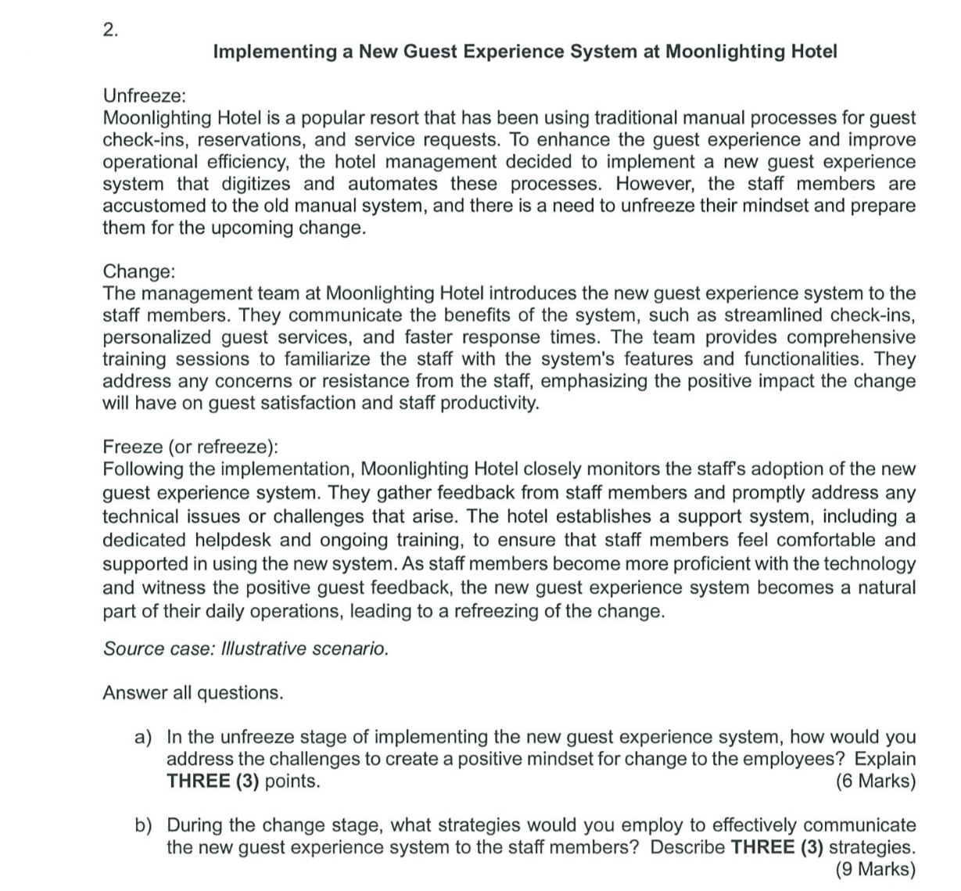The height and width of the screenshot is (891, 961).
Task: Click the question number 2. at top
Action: pyautogui.click(x=111, y=31)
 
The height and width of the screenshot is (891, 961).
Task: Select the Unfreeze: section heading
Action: pyautogui.click(x=145, y=96)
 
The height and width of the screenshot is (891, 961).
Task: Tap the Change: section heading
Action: pyautogui.click(x=139, y=271)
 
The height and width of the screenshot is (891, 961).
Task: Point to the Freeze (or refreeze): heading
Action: pyautogui.click(x=190, y=447)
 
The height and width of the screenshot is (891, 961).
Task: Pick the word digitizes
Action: pyautogui.click(x=251, y=184)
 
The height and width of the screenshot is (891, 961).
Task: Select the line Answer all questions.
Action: pyautogui.click(x=192, y=692)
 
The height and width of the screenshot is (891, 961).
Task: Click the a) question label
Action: pyautogui.click(x=143, y=737)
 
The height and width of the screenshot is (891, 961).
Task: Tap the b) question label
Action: pyautogui.click(x=143, y=825)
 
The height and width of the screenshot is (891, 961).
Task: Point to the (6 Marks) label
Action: pyautogui.click(x=875, y=781)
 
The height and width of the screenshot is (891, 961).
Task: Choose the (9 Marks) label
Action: pyautogui.click(x=875, y=868)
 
